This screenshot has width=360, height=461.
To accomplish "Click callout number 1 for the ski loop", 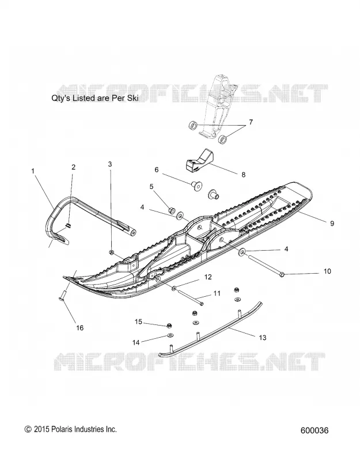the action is pyautogui.click(x=33, y=171).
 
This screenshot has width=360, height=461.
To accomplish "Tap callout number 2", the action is pyautogui.click(x=74, y=167).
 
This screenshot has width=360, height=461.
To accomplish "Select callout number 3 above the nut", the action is pyautogui.click(x=110, y=164).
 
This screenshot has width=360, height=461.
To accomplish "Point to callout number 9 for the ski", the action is pyautogui.click(x=332, y=224).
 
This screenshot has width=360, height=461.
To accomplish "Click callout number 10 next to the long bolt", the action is pyautogui.click(x=327, y=271).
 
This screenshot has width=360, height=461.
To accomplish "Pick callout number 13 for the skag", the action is pyautogui.click(x=263, y=337).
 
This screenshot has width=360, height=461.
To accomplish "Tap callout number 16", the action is pyautogui.click(x=80, y=328).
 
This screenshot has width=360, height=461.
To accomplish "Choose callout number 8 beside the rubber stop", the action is pyautogui.click(x=243, y=175).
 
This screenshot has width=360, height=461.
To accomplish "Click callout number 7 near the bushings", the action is pyautogui.click(x=251, y=122).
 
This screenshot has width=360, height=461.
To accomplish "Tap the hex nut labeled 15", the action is pyautogui.click(x=169, y=326).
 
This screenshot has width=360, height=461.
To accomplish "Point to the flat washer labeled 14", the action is pyautogui.click(x=170, y=335).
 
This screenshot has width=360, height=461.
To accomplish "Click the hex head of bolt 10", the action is pyautogui.click(x=282, y=275).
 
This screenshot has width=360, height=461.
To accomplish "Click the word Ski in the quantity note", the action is pyautogui.click(x=133, y=98).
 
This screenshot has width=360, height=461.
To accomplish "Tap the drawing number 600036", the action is pyautogui.click(x=314, y=430).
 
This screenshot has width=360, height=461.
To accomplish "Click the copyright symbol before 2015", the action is pyautogui.click(x=28, y=429).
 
